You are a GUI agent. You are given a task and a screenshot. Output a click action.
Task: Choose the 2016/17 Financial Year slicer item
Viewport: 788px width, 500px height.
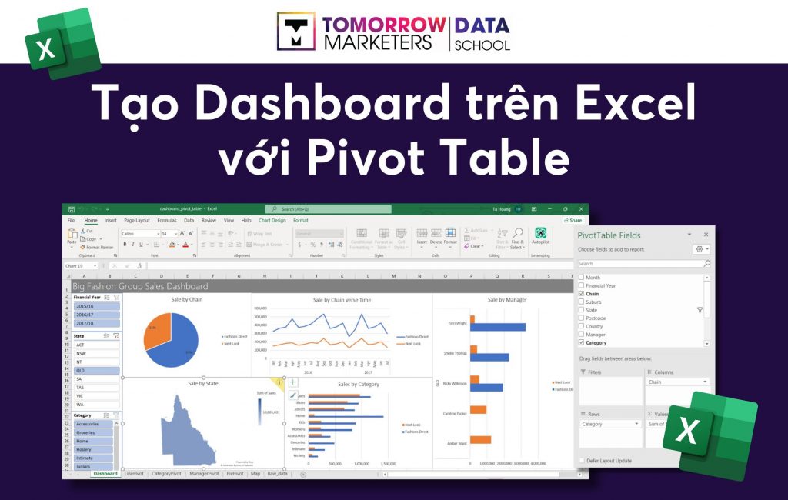(x=96, y=315)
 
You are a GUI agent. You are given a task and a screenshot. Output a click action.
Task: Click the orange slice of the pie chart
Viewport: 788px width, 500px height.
(x=159, y=329)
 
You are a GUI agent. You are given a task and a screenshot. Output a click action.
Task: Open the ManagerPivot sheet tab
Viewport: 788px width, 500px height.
(x=205, y=474)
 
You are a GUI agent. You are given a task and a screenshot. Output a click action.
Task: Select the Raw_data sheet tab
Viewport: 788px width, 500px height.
(x=277, y=474)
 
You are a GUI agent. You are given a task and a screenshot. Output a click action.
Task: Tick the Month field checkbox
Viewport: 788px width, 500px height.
(x=581, y=278)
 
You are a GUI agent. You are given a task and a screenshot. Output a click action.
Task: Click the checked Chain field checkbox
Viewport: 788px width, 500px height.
(x=581, y=294)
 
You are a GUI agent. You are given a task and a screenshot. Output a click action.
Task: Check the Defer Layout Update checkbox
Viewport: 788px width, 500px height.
(x=581, y=461)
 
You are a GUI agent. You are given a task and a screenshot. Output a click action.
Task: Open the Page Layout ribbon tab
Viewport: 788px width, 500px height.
(x=137, y=220)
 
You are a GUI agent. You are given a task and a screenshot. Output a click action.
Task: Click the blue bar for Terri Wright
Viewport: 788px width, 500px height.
(x=499, y=327)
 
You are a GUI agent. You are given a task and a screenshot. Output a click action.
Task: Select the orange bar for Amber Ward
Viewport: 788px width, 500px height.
(x=480, y=440)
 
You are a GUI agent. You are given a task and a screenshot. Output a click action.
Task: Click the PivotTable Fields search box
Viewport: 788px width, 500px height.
(x=639, y=264)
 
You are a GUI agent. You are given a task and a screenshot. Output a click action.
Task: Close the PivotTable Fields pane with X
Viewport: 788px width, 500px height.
(x=706, y=235)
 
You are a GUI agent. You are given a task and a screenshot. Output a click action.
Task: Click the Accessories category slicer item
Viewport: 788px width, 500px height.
(x=92, y=424)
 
